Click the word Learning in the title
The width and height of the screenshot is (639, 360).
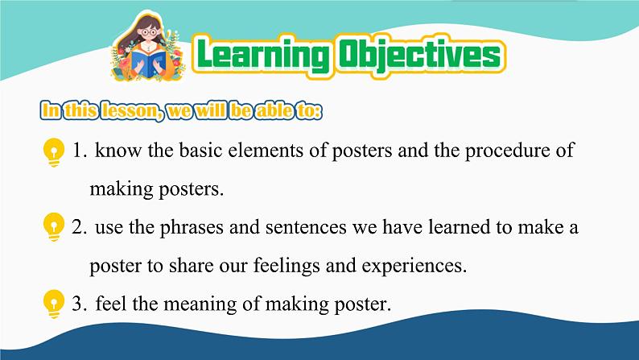click(x=263, y=55)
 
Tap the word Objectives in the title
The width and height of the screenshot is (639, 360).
click(x=420, y=55)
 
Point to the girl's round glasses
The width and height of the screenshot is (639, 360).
click(x=149, y=32)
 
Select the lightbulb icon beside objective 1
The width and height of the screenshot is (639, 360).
click(x=54, y=152)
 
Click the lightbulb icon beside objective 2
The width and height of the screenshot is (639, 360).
click(x=54, y=227)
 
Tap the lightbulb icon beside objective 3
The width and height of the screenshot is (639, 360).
click(x=54, y=304)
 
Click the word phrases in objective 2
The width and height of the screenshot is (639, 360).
click(x=192, y=228)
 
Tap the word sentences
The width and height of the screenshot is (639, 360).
click(x=306, y=228)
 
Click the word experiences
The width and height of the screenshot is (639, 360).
click(x=414, y=267)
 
